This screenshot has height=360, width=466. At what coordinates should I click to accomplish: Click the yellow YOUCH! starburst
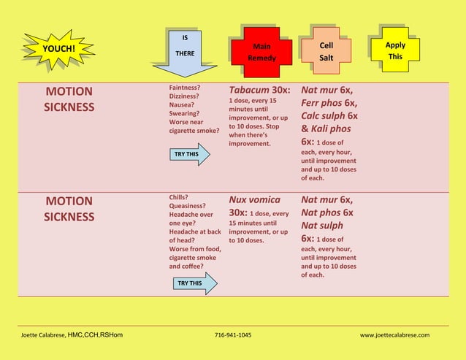[x=58, y=49]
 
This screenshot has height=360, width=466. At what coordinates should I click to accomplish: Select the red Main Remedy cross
[x=261, y=53]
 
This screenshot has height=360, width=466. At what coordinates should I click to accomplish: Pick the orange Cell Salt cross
[x=326, y=50]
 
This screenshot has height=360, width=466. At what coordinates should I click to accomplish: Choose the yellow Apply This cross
[x=395, y=50]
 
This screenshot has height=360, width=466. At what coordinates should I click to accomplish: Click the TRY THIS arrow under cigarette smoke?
[x=190, y=154]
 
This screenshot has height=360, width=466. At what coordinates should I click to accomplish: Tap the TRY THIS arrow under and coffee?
[x=195, y=283]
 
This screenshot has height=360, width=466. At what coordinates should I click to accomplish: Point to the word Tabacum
[x=245, y=90]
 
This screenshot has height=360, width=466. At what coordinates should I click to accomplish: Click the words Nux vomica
[x=255, y=199]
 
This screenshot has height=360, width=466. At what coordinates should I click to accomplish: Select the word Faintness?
[x=185, y=88]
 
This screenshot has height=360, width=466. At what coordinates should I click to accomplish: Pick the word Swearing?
[x=184, y=113]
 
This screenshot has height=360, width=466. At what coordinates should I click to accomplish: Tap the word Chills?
[x=179, y=197]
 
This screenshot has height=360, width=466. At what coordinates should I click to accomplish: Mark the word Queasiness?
[x=187, y=206]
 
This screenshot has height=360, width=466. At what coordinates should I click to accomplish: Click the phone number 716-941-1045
[x=233, y=335]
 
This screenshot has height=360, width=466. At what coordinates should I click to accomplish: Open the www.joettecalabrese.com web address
[x=394, y=335]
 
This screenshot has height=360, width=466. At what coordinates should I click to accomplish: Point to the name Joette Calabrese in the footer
[x=42, y=335]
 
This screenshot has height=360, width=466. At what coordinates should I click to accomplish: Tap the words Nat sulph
[x=322, y=226]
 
